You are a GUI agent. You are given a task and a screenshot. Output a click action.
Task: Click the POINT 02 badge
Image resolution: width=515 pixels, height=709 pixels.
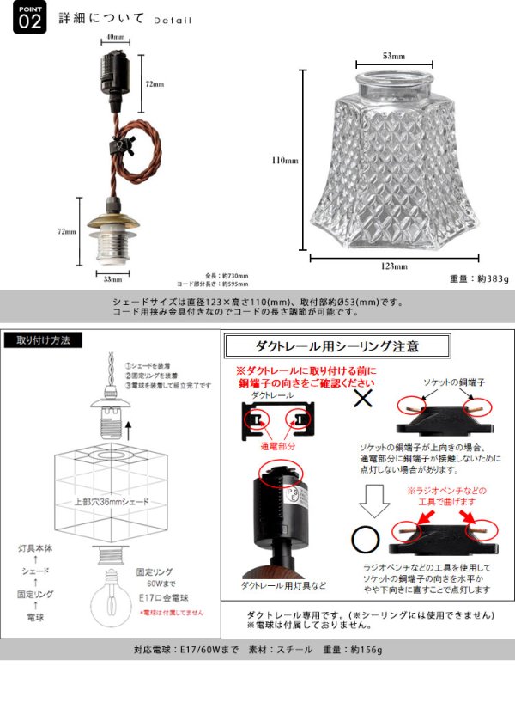pos(28,19)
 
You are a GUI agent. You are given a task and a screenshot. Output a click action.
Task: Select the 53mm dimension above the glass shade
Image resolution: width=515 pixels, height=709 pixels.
pos(393,56)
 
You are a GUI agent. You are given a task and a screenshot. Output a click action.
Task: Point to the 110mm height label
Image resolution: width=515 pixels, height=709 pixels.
pos(284,160)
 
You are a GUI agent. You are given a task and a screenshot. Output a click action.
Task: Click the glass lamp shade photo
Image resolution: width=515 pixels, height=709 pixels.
pos(393,159)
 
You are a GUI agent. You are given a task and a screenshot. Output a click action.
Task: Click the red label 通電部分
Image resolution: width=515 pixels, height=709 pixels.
pos(278,447)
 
